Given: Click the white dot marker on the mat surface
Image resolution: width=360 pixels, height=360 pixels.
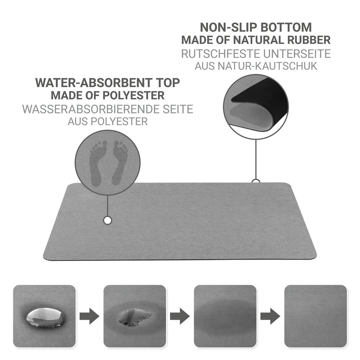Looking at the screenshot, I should [107, 220].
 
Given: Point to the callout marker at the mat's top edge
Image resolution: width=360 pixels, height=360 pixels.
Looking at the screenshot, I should [256, 181].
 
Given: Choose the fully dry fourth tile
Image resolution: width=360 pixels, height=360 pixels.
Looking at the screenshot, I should [315, 316].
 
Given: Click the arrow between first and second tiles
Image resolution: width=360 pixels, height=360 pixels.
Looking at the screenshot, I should [89, 316].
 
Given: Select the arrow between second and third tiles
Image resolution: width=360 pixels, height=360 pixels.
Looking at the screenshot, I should [180, 316].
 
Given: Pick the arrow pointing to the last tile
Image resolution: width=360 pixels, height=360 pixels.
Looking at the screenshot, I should [270, 316].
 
